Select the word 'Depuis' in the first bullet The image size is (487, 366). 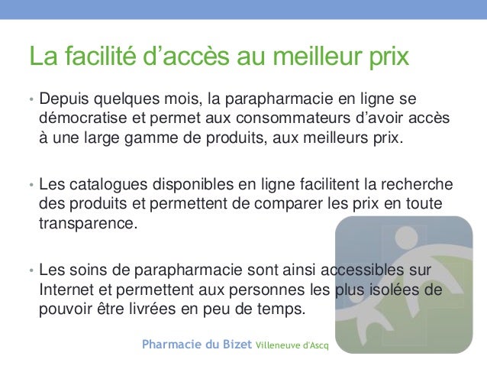tap(65, 100)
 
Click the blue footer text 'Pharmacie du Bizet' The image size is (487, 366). tap(197, 345)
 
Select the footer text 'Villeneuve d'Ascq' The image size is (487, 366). tap(293, 345)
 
